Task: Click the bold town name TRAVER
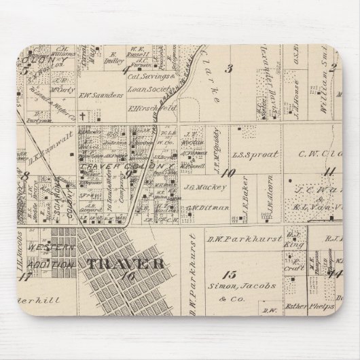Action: [123, 263]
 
